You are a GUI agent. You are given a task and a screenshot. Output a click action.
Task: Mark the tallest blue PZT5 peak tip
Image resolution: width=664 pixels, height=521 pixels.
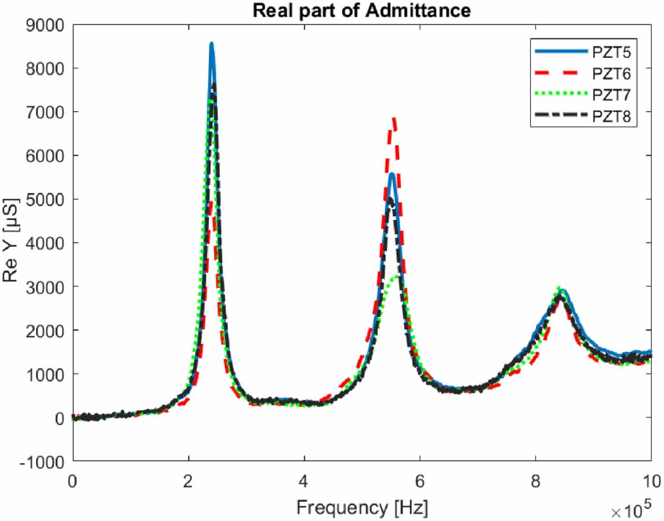click(x=211, y=44)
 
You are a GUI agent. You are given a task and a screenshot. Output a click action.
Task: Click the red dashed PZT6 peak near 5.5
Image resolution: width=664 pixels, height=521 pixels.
click(x=394, y=118)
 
